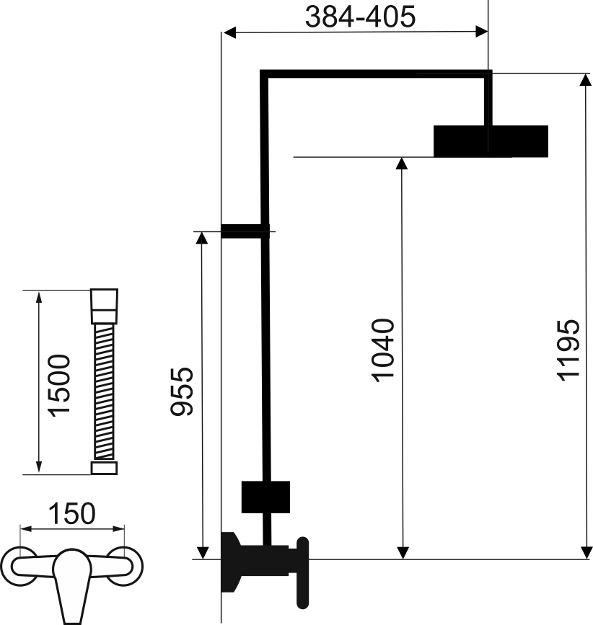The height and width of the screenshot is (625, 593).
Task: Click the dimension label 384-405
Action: (360, 17)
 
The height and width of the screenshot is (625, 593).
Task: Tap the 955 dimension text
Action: (182, 392)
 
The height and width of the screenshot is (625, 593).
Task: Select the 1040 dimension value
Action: (383, 350)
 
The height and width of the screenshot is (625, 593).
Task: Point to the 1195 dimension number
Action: (568, 350)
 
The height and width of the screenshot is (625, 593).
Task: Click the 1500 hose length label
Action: (59, 386)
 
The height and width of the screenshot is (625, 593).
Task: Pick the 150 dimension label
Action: (72, 513)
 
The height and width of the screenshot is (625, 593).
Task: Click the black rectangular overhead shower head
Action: (491, 141)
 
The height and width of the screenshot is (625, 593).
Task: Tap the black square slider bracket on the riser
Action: (265, 497)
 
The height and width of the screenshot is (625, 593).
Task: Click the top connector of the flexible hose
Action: (104, 306)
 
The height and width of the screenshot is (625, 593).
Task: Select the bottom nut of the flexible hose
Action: (104, 468)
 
